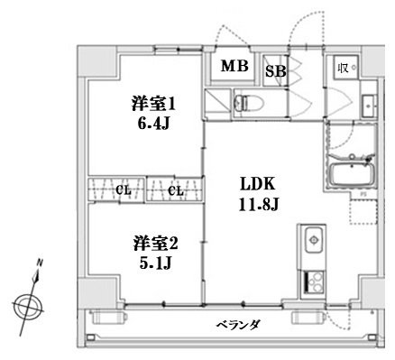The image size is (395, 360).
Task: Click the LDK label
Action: pyautogui.click(x=255, y=185)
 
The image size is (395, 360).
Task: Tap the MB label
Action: pyautogui.click(x=235, y=66)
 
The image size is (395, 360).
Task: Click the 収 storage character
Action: pyautogui.click(x=343, y=67)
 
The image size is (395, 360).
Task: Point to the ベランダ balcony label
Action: pyautogui.click(x=238, y=323)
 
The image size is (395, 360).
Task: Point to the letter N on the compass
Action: pyautogui.click(x=39, y=264)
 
